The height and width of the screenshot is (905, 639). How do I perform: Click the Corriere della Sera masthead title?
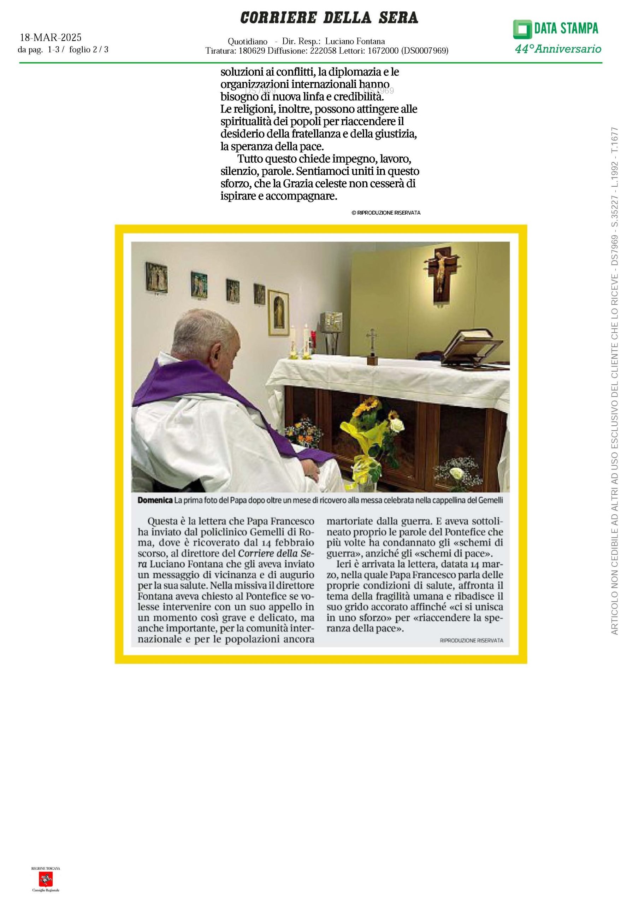click(329, 18)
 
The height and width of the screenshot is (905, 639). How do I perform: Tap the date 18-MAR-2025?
click(51, 37)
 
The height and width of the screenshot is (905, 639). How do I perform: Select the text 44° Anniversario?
click(558, 49)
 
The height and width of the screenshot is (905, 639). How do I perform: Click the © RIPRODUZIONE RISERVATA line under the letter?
click(386, 213)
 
